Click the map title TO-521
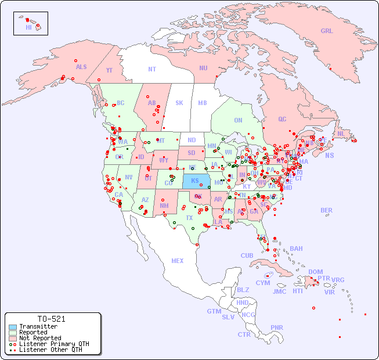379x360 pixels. coord(51,319)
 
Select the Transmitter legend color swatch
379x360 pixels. coord(13,327)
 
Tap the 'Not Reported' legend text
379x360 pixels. coord(39,338)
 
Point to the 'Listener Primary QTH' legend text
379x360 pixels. coord(53,344)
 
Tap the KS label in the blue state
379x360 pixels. coord(195,181)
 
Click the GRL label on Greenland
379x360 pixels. coord(327,31)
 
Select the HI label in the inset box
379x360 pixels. coord(28,27)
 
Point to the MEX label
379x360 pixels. coord(178,261)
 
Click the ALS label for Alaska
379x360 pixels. coord(81,67)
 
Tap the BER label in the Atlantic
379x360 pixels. coord(327,210)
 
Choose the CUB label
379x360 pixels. coord(247,255)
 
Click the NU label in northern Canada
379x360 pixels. coord(203,68)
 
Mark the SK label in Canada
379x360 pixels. coord(179,103)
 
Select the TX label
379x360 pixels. coord(189,218)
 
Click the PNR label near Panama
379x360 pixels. coord(277,327)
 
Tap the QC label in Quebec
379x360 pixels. coord(282,119)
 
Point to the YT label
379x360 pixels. coord(109,70)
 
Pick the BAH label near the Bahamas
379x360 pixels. coord(296,249)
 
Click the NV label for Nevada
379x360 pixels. coord(128,177)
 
